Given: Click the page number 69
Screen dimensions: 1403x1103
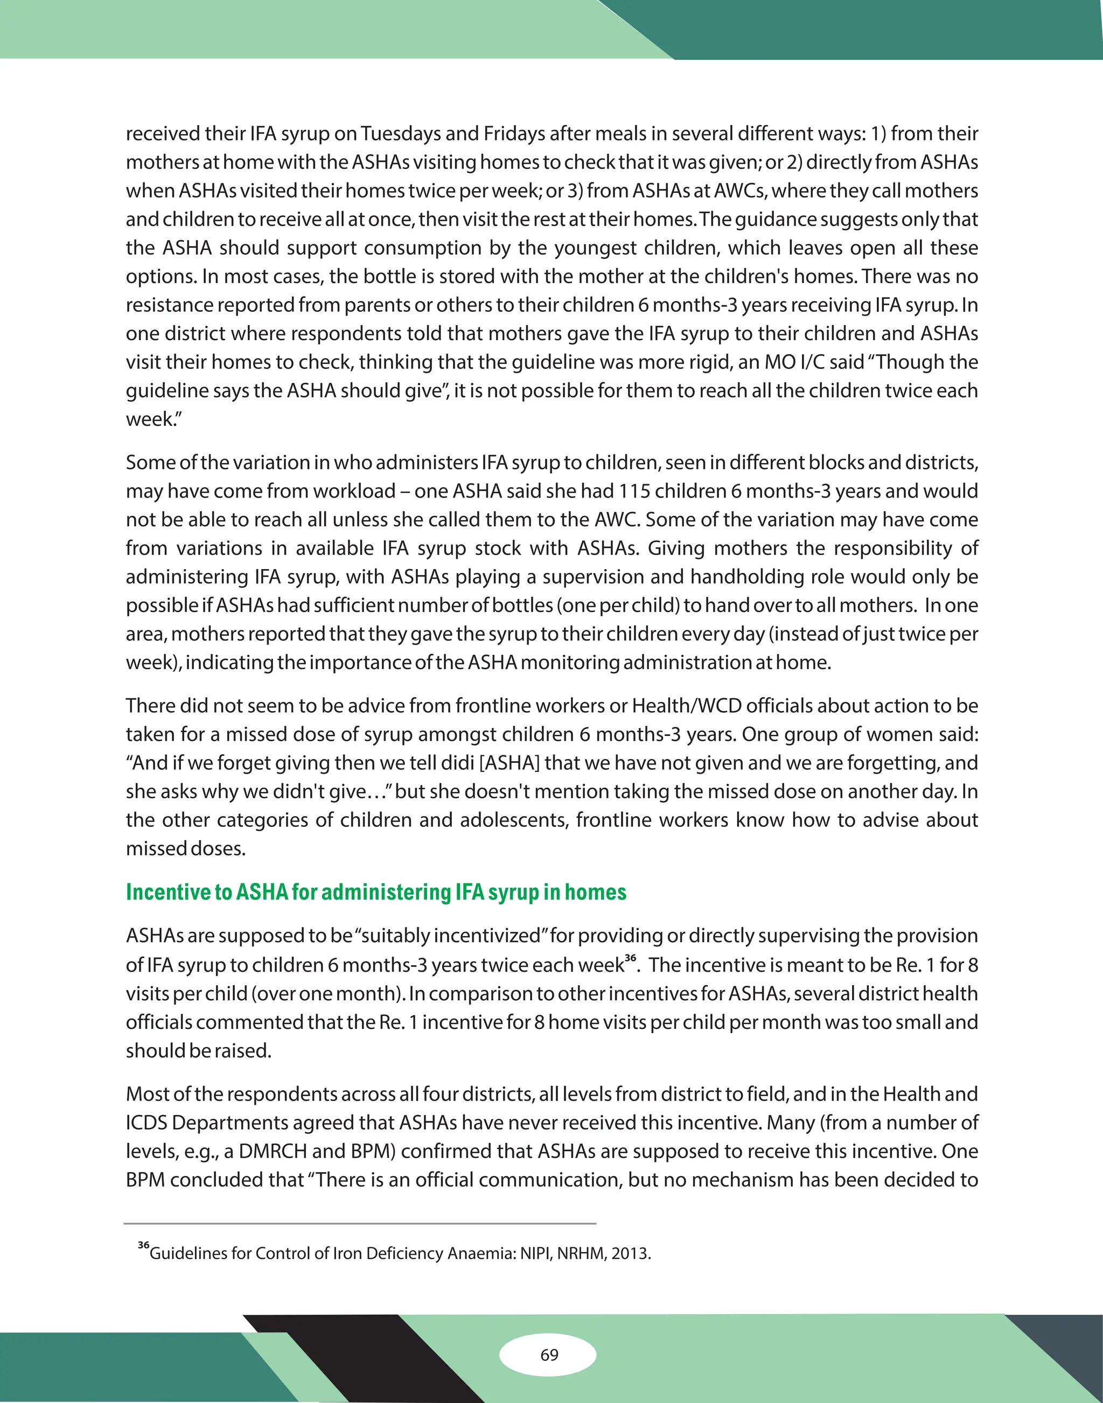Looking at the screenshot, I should click(x=549, y=1355).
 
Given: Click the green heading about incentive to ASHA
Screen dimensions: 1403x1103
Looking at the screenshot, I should click(x=376, y=892).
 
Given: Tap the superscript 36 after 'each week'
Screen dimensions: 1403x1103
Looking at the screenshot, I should click(x=630, y=958).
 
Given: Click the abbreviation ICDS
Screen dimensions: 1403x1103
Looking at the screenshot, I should click(x=146, y=1123).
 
